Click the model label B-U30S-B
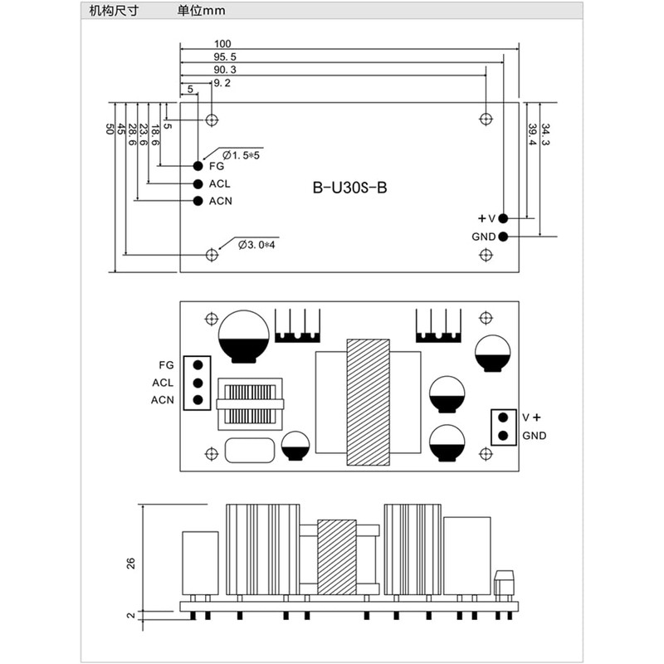tap(349, 188)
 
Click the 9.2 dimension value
tap(222, 84)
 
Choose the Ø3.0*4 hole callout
tap(256, 245)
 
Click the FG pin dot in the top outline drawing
tap(199, 166)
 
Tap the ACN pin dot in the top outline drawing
tap(199, 201)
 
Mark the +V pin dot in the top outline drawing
tap(504, 217)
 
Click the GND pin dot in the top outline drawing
tap(504, 237)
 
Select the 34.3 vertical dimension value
tap(545, 134)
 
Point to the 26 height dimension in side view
tap(130, 563)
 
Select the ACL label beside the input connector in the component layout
tap(163, 383)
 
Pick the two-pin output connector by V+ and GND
tap(501, 427)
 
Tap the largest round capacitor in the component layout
tap(243, 335)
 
